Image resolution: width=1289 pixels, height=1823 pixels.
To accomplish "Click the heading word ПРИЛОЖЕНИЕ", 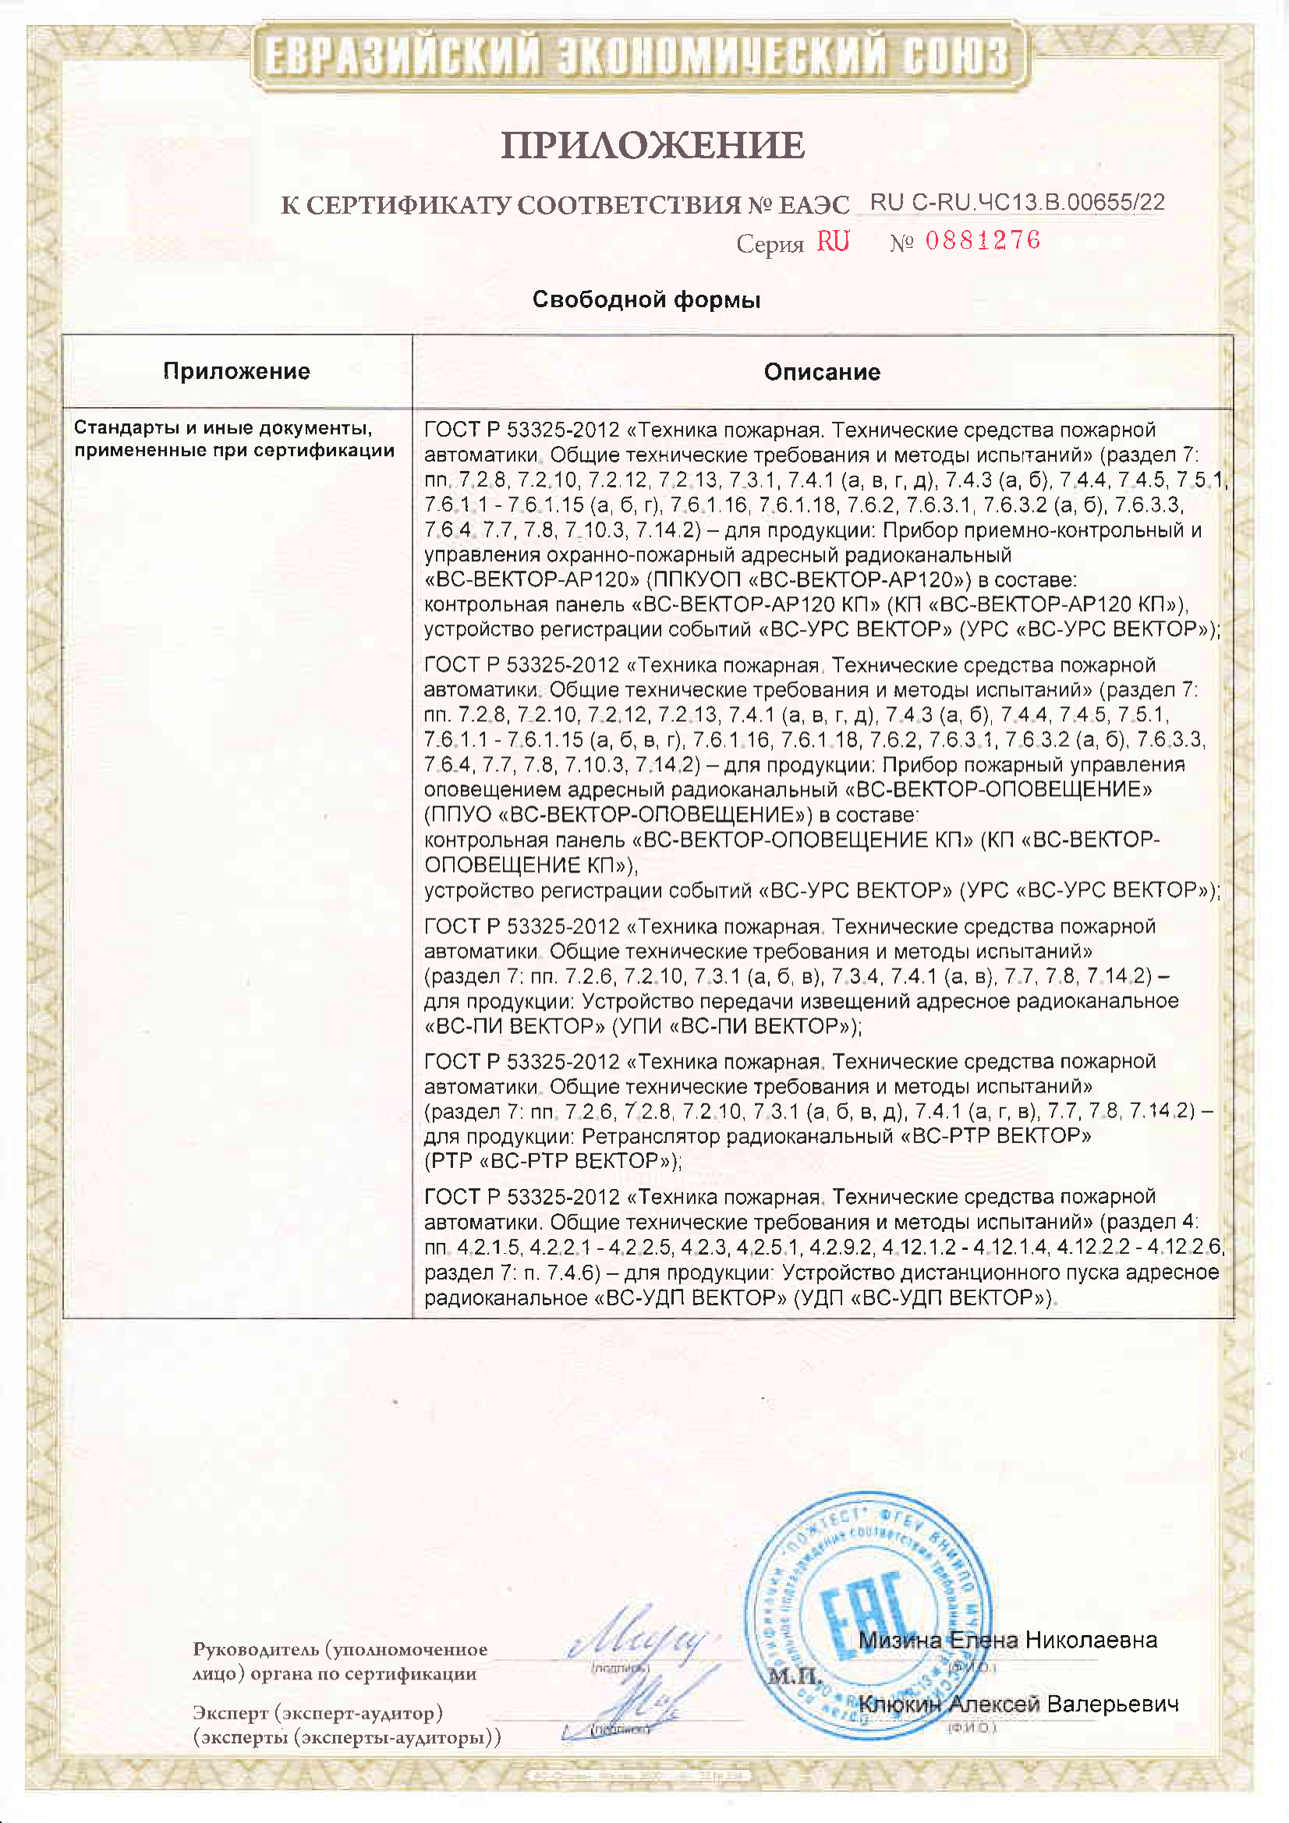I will [x=653, y=145].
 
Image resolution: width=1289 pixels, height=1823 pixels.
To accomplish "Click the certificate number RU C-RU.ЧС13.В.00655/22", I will [x=1018, y=203].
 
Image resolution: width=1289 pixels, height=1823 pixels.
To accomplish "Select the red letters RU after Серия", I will [x=833, y=242].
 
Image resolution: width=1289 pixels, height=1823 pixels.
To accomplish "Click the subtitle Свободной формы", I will [x=646, y=299].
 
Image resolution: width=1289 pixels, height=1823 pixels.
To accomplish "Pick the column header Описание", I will [x=822, y=372].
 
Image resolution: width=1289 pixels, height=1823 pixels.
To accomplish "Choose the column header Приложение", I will [x=237, y=371].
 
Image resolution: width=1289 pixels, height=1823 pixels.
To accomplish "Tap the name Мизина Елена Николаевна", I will [x=1007, y=1640].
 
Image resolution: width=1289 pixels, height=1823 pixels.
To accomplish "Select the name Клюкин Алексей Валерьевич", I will [x=1018, y=1704].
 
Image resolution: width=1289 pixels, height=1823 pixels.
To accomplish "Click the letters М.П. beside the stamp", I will [x=794, y=1676].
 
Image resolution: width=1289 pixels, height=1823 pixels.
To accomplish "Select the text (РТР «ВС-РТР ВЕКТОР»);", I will [x=553, y=1161].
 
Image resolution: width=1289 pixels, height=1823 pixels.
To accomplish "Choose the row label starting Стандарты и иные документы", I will [x=234, y=439].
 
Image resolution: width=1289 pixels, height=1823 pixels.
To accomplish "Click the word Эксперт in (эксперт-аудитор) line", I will [x=230, y=1712].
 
